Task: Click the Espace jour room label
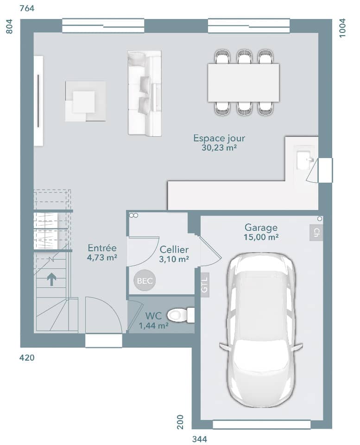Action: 219,138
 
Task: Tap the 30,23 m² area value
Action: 219,148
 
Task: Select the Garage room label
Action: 261,228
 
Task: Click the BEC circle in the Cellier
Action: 144,280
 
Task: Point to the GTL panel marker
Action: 205,283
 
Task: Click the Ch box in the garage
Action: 316,233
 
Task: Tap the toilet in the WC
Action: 181,315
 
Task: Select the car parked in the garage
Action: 261,330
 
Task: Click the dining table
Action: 243,83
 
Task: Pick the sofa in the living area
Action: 145,93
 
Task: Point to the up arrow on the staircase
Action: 51,279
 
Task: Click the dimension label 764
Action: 27,8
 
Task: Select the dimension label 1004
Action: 342,28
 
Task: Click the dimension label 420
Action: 27,358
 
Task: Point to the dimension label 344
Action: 200,439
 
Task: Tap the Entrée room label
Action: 101,248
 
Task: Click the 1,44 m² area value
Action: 153,325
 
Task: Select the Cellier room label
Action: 174,250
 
